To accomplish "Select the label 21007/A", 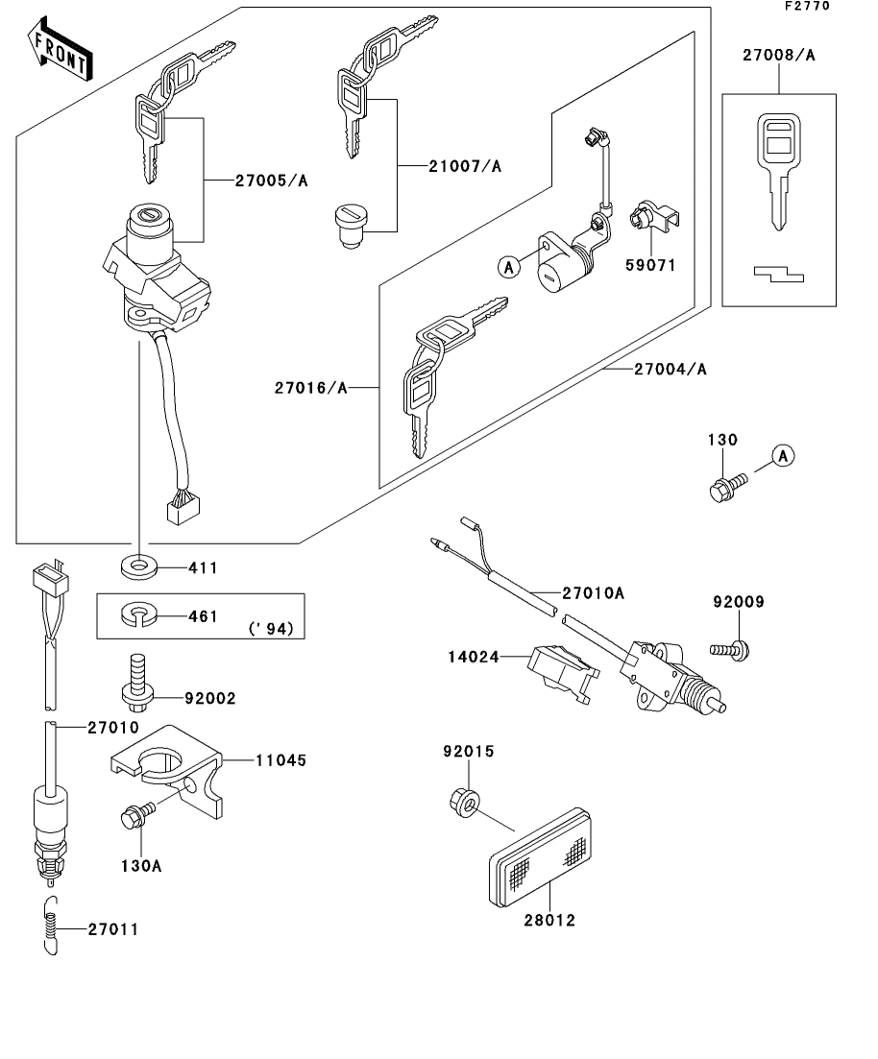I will pos(465,166).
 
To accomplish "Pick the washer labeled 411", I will pos(139,566).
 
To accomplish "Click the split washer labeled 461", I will pos(140,614).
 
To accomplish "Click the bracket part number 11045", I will pos(280,760).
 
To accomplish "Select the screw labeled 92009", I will pos(737,649).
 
